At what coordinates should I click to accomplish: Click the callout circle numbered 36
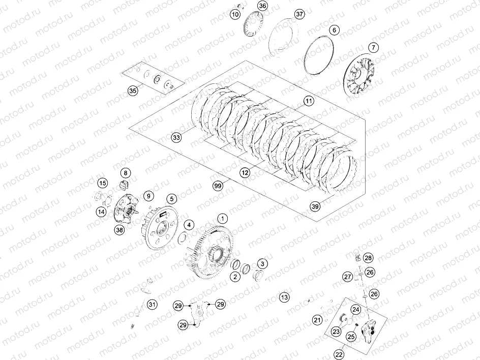coord(262,6)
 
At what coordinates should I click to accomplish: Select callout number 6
coord(334,30)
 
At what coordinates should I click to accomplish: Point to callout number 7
coord(374,48)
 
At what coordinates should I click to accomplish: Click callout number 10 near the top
coord(234,15)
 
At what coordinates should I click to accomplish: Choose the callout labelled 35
coord(133,91)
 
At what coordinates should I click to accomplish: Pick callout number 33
coord(176,138)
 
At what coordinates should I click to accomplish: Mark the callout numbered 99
coord(219,187)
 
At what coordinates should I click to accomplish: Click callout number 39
coord(315,206)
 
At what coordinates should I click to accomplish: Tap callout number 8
coord(125,173)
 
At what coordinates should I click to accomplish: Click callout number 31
coord(152,305)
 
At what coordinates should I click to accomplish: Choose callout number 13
coord(284,297)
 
